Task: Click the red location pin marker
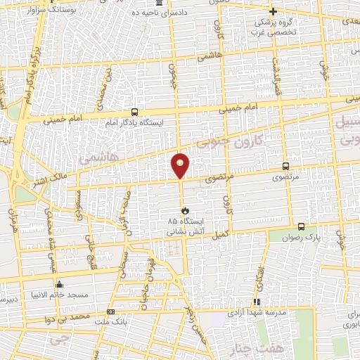pos(181,166)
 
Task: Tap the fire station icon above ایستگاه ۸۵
pos(184,210)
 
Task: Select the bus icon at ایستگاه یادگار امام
pos(134,112)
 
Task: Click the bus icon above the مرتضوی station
pos(285,167)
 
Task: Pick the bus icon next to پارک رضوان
pos(301,227)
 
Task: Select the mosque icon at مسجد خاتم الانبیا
pos(59,285)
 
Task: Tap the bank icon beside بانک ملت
pos(110,311)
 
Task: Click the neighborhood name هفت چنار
pos(247,349)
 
